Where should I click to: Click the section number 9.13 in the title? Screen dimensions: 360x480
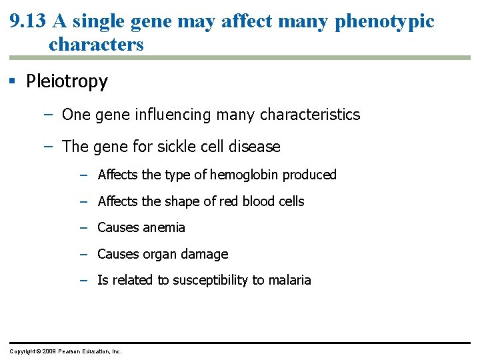tap(28, 21)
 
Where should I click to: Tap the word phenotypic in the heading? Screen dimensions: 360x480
tap(384, 21)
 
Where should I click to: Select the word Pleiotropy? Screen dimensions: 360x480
tap(67, 81)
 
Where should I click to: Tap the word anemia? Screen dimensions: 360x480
tap(164, 227)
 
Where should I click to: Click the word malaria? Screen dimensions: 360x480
tap(289, 280)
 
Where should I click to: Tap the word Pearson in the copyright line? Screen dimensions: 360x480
tap(73, 351)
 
